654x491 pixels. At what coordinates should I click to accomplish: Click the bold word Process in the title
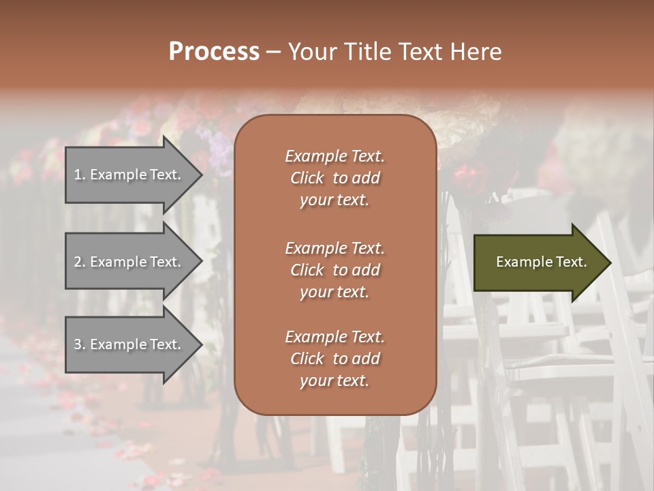(214, 52)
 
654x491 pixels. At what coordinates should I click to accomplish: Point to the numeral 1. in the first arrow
(80, 175)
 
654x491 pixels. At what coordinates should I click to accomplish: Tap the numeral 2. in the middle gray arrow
(80, 262)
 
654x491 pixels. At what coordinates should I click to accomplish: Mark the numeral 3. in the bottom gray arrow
(80, 344)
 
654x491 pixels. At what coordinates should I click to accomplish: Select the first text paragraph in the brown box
(334, 178)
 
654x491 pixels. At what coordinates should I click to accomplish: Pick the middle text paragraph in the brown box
(334, 270)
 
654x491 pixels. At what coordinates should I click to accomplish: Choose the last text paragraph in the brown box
(334, 359)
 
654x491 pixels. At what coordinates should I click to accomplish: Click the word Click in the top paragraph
(307, 178)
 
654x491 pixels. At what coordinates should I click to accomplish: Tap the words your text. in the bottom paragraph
(334, 381)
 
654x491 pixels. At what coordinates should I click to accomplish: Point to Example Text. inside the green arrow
(542, 262)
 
